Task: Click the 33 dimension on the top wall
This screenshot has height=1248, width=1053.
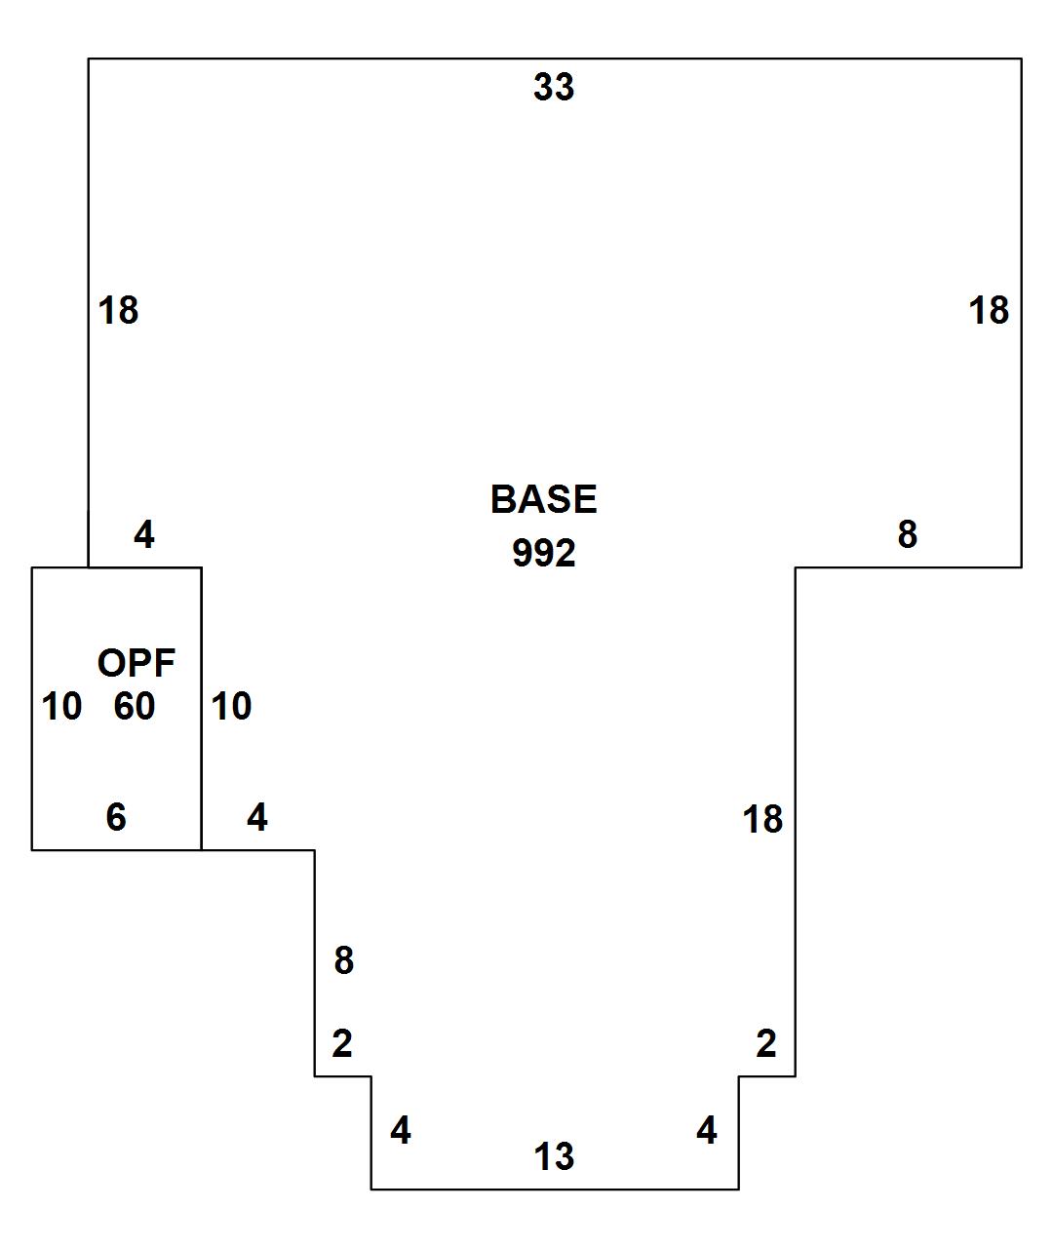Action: click(x=553, y=88)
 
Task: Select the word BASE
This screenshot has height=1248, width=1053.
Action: click(x=543, y=499)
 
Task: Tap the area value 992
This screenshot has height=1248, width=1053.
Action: click(x=543, y=554)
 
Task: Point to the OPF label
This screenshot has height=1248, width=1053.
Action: click(x=136, y=663)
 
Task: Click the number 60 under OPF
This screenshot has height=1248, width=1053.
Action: click(x=135, y=706)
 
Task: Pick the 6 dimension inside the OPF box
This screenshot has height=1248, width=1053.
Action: click(x=116, y=817)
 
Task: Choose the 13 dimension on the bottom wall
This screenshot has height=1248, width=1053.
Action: click(x=553, y=1157)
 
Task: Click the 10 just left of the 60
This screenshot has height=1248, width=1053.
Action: click(x=61, y=706)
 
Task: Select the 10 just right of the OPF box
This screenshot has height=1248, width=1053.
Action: click(x=231, y=706)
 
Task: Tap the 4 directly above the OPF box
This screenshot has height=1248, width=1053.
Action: click(x=144, y=534)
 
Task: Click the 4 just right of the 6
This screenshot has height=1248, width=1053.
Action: click(x=256, y=817)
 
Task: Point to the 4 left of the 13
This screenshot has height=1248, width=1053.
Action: click(x=400, y=1131)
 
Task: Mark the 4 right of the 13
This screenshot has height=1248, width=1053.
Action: click(x=707, y=1131)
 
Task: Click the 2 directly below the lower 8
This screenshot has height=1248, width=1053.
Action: click(x=341, y=1044)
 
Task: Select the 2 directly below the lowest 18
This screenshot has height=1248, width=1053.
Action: click(x=766, y=1044)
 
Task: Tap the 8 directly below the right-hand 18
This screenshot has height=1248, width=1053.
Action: click(x=907, y=534)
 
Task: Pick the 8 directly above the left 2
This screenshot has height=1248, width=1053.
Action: click(x=343, y=960)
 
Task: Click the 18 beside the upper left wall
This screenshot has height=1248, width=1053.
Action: click(x=119, y=311)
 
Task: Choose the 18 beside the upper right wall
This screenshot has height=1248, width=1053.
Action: click(x=988, y=311)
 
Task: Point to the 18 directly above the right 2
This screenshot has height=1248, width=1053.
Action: click(x=762, y=819)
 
